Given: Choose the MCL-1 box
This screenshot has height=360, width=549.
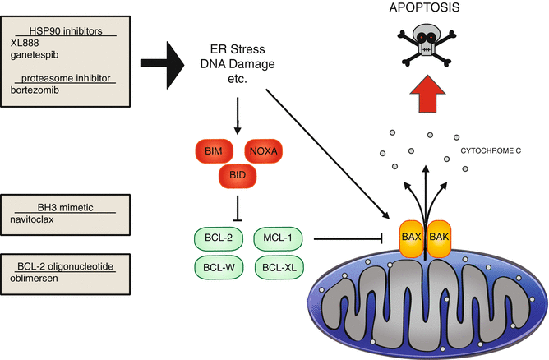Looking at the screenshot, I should click(x=277, y=239).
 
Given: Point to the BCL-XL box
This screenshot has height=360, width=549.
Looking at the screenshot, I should click(x=277, y=268).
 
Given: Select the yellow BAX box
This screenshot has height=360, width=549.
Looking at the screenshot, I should click(x=410, y=238).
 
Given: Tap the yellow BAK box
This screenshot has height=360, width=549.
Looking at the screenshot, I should click(x=440, y=238).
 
